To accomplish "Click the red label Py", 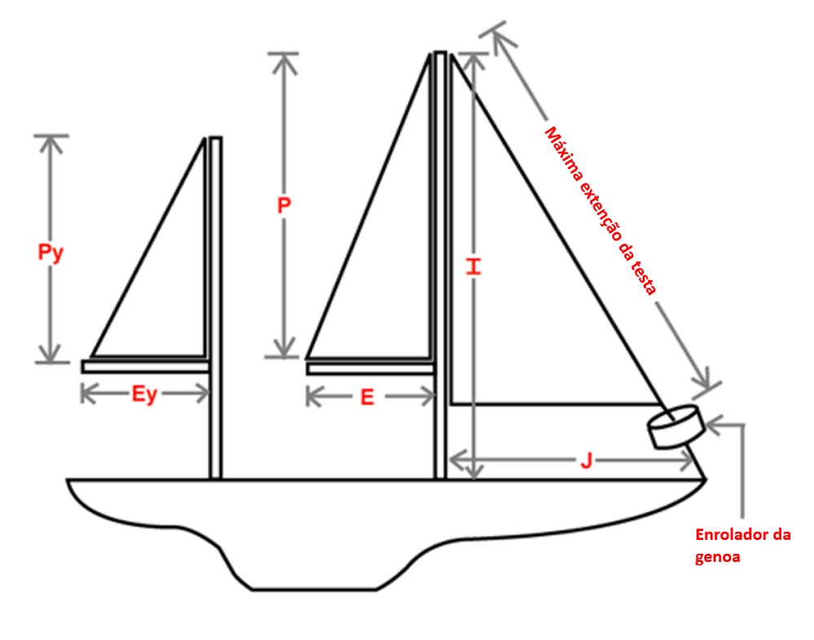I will tap(50, 252).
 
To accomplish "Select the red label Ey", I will tap(144, 395).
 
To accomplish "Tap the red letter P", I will tap(283, 206).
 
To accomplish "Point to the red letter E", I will tap(367, 397).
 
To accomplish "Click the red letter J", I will tap(585, 461).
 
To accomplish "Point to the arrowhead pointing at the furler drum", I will tap(713, 423).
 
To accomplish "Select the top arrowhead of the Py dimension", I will tap(51, 141).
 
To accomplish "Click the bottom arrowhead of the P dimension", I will tap(283, 350).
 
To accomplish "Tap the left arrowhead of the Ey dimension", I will tap(86, 394).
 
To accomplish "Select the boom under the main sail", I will tap(370, 368).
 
